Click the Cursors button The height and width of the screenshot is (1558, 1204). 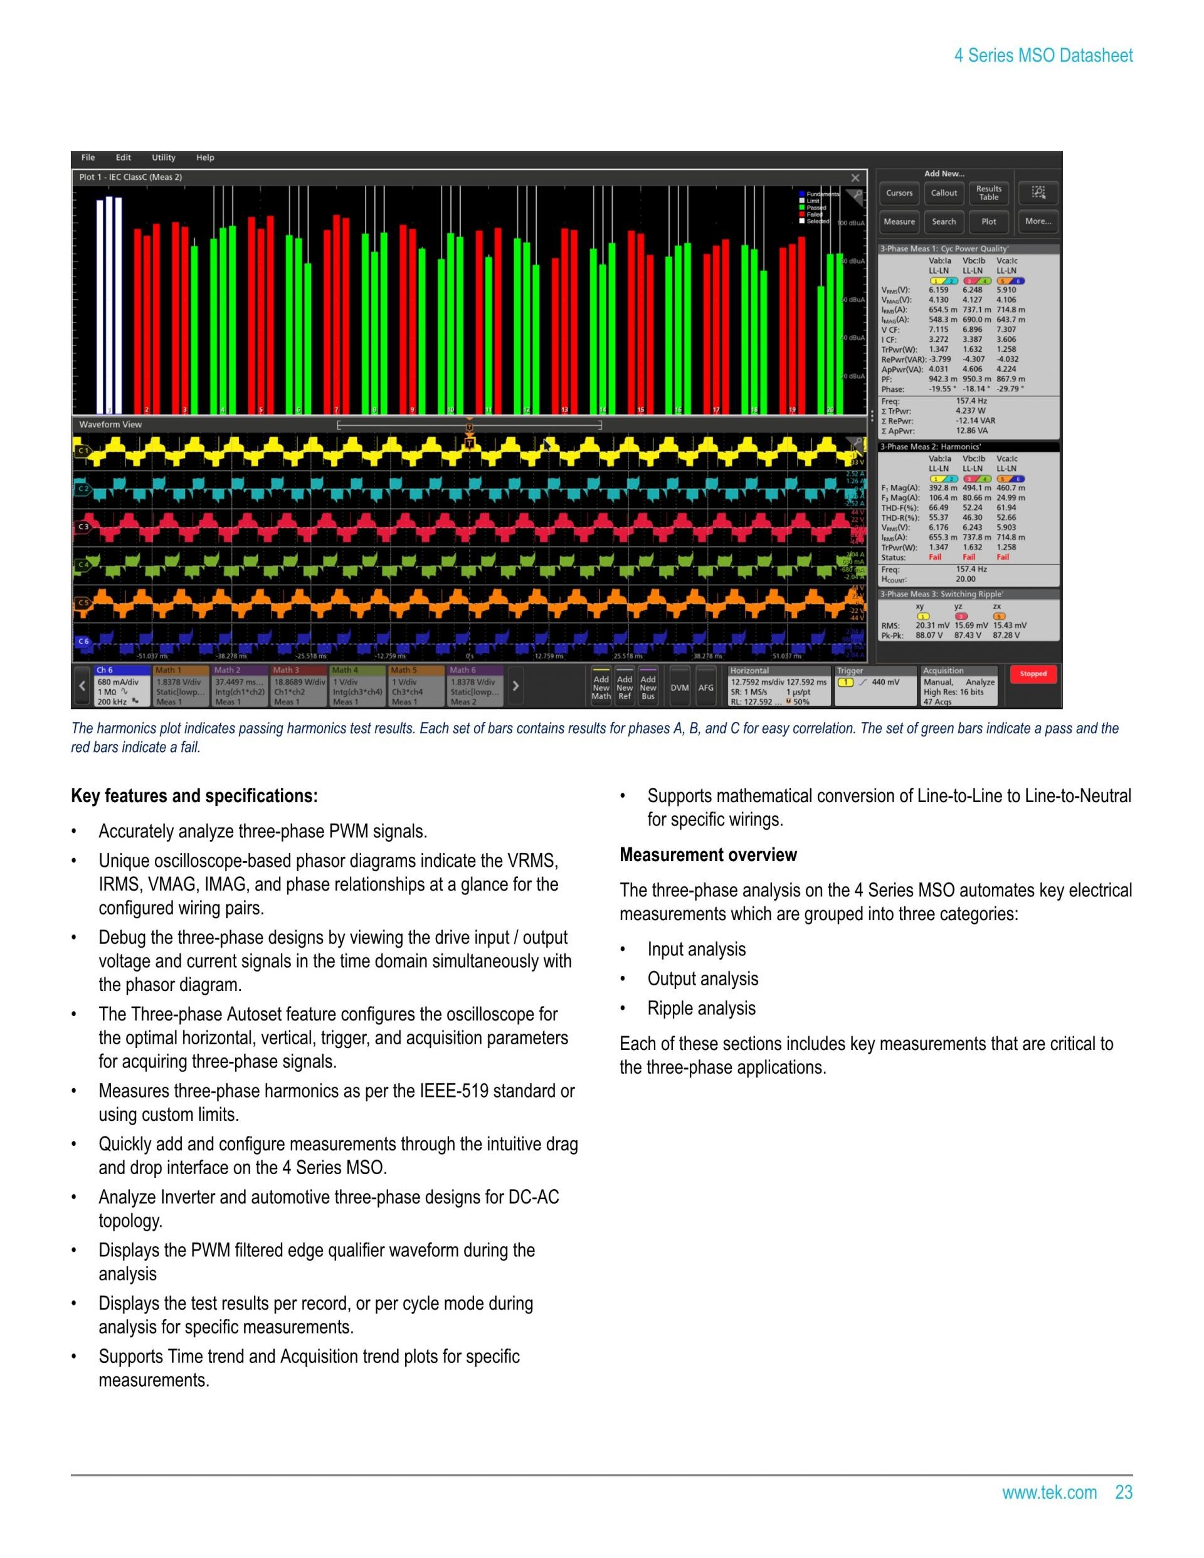click(899, 193)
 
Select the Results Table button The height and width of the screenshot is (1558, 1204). click(988, 193)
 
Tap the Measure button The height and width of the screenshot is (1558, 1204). click(899, 222)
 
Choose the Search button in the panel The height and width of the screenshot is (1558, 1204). click(944, 222)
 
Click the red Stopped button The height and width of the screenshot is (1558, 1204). click(1033, 674)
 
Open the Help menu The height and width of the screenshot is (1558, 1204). click(204, 157)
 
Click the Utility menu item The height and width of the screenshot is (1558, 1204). click(163, 157)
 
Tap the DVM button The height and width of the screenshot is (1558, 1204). click(679, 687)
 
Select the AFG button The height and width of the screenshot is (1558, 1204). click(705, 687)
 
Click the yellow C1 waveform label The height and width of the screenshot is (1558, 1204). click(83, 451)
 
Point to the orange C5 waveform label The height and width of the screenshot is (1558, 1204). click(83, 603)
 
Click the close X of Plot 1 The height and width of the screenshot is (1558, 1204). click(855, 178)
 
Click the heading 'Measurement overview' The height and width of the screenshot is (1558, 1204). click(707, 855)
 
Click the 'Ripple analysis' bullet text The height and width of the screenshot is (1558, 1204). click(701, 1008)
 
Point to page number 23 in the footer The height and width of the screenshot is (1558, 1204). click(1123, 1492)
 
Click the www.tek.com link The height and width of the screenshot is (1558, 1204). click(1048, 1492)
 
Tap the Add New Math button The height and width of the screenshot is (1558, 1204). click(601, 687)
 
